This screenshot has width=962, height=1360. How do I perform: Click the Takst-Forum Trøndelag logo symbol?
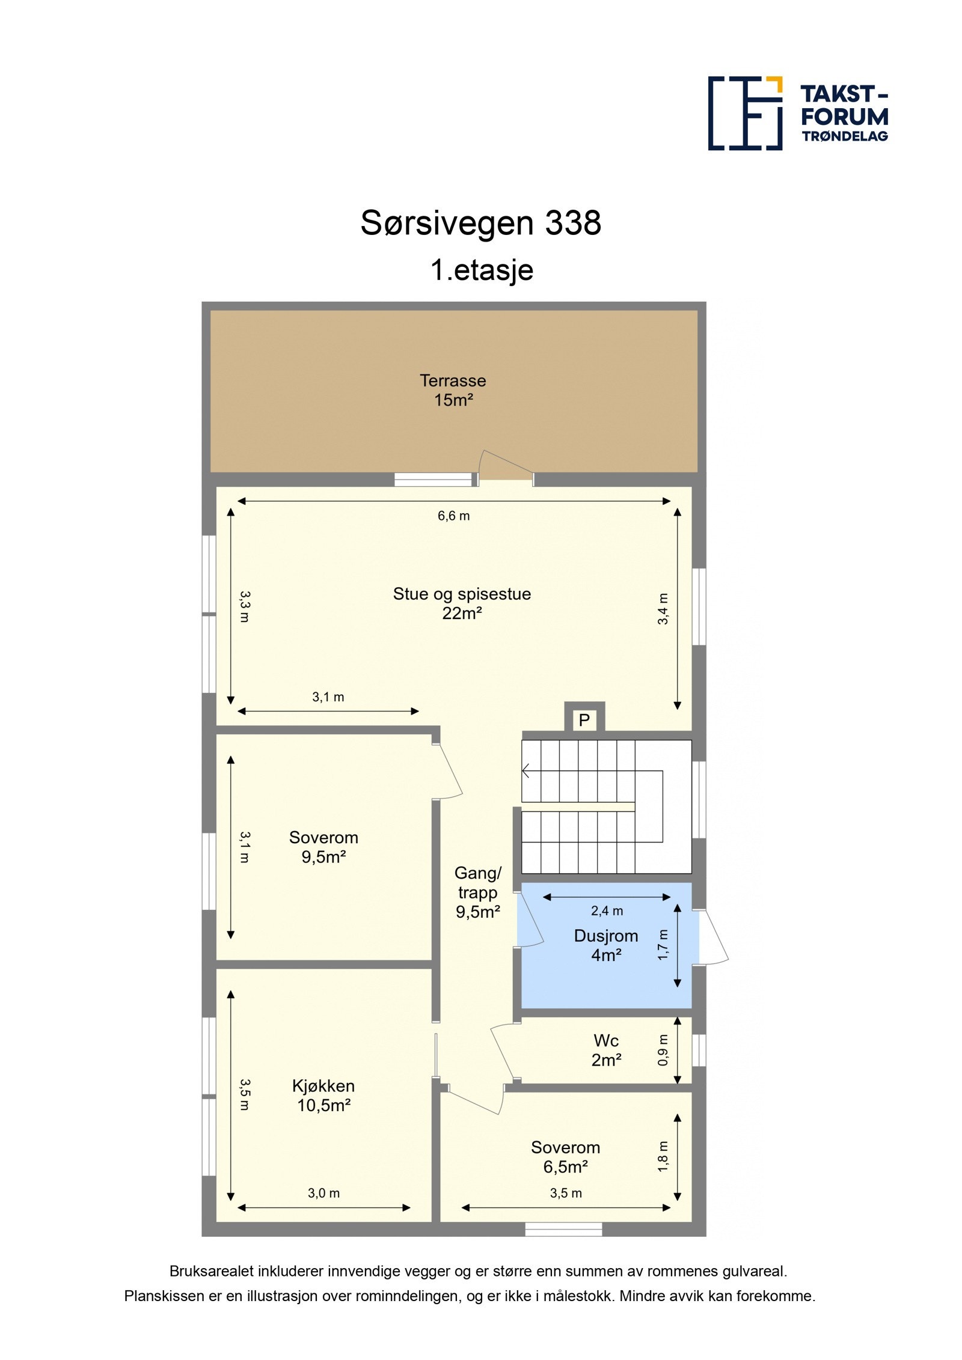point(744,113)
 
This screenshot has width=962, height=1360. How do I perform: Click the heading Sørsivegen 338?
point(480,223)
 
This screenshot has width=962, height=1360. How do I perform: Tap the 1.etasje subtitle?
point(481,270)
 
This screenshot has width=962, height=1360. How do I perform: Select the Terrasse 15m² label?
point(453,390)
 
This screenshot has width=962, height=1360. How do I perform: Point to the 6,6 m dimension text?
point(453,516)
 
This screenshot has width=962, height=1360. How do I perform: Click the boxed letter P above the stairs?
point(584,719)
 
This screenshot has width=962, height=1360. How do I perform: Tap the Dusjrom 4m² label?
point(605,945)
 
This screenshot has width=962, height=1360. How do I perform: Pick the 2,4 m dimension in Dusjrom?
point(607,910)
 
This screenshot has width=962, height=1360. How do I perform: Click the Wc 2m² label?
point(605,1050)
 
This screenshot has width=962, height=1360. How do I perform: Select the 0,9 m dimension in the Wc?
point(663,1049)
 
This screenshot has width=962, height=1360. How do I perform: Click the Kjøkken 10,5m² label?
point(323,1095)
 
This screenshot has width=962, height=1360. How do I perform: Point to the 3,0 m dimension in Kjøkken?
point(323,1193)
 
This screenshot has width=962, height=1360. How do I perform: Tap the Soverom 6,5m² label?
point(565,1157)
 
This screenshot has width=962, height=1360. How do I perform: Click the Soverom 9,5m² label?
point(323,847)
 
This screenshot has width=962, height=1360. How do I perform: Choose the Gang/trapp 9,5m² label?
point(477,892)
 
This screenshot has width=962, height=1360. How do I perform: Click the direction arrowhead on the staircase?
point(526,770)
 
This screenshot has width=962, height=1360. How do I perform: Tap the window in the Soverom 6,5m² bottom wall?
point(563,1230)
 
